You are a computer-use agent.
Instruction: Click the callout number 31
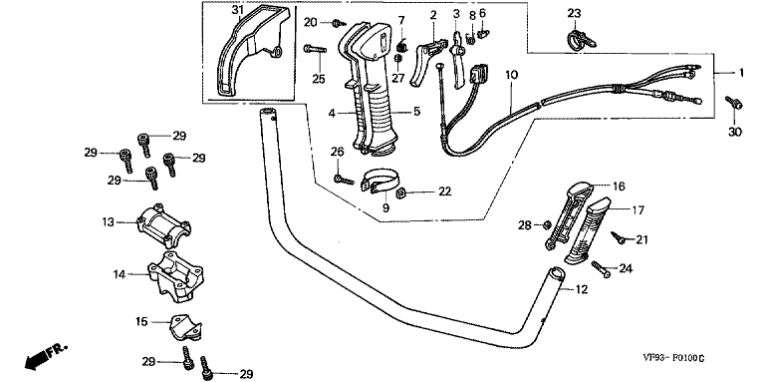point(236,10)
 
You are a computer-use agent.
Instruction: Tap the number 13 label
point(109,222)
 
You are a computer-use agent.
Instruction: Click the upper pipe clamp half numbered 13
point(163,225)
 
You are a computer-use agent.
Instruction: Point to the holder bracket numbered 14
point(175,277)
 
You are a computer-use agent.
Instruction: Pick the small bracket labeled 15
point(185,326)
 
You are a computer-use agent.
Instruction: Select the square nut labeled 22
point(401,191)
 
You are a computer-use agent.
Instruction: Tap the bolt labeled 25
point(315,49)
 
